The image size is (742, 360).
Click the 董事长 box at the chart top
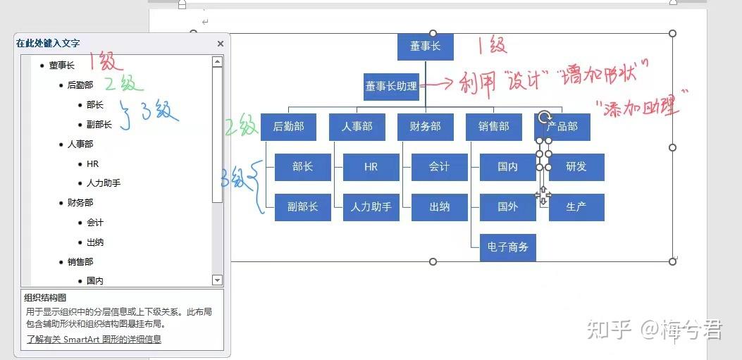pyautogui.click(x=425, y=46)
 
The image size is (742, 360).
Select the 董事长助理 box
pyautogui.click(x=391, y=87)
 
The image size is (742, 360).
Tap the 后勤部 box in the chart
pyautogui.click(x=288, y=127)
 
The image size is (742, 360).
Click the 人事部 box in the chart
pyautogui.click(x=357, y=127)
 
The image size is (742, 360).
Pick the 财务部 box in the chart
pyautogui.click(x=425, y=127)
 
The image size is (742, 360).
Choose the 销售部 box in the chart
pyautogui.click(x=493, y=127)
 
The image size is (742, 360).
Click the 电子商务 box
pyautogui.click(x=508, y=247)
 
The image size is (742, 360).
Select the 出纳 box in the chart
pyautogui.click(x=440, y=207)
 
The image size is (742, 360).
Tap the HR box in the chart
pyautogui.click(x=371, y=167)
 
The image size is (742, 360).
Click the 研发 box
pyautogui.click(x=576, y=167)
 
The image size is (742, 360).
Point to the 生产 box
pyautogui.click(x=576, y=207)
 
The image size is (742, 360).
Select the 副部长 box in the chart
pyautogui.click(x=303, y=207)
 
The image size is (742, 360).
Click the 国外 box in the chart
pyautogui.click(x=508, y=207)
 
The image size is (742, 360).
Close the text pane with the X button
pyautogui.click(x=220, y=44)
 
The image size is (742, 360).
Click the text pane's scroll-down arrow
pyautogui.click(x=217, y=280)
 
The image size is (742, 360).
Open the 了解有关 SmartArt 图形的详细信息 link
pyautogui.click(x=94, y=339)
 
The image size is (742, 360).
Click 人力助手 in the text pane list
pyautogui.click(x=104, y=183)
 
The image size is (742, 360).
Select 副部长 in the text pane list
pyautogui.click(x=99, y=125)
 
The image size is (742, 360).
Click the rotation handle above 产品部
pyautogui.click(x=544, y=117)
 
